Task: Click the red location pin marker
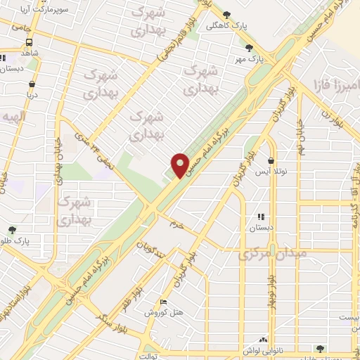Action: click(x=181, y=165)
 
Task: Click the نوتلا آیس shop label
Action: click(x=270, y=172)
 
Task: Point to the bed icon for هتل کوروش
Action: click(x=163, y=302)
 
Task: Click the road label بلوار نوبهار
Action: click(x=270, y=289)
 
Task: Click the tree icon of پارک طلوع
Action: click(x=12, y=229)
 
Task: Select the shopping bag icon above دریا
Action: click(x=32, y=82)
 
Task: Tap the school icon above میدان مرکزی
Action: click(x=261, y=217)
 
